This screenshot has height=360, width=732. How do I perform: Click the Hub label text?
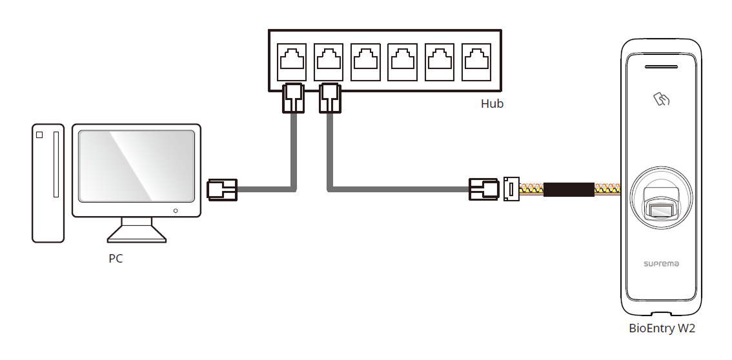[x=492, y=104]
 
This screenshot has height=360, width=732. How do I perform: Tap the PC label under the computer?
[x=116, y=259]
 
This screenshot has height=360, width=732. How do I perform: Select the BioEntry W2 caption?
[x=662, y=328]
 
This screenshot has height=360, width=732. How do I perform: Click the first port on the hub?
[x=292, y=61]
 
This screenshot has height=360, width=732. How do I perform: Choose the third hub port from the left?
[x=367, y=61]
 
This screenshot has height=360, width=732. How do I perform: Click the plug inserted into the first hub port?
[x=293, y=97]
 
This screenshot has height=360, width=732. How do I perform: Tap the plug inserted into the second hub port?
[x=330, y=97]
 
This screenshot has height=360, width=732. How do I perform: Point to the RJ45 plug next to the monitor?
[x=221, y=190]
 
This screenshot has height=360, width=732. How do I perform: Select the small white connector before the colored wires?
[x=511, y=190]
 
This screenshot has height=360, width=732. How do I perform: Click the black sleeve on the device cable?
[x=568, y=190]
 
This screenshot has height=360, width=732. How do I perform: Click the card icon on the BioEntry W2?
[x=662, y=99]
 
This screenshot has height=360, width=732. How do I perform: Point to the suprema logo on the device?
[x=661, y=264]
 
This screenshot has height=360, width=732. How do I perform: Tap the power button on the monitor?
[x=176, y=210]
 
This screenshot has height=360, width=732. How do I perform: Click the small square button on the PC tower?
[x=39, y=135]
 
